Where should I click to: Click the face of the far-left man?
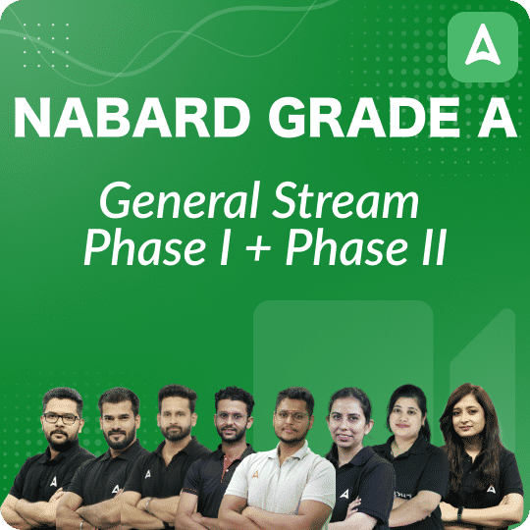point(61,419)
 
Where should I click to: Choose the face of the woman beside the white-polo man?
point(349,419)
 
